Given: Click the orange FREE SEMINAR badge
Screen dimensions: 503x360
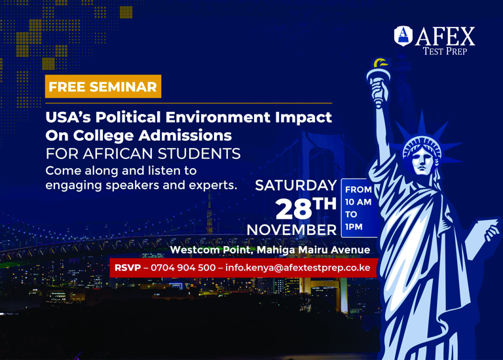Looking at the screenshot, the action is click(103, 86).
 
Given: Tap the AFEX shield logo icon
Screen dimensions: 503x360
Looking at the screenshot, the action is click(403, 36).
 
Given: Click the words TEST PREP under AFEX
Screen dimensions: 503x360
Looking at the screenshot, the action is click(445, 51).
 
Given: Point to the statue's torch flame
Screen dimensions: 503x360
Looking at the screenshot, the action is click(381, 63).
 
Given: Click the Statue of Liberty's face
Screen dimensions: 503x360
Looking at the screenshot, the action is click(422, 159).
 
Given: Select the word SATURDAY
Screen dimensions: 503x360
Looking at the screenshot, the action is click(296, 185).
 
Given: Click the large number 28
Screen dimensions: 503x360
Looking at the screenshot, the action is click(293, 209).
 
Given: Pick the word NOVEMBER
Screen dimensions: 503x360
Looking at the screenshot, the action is click(291, 230).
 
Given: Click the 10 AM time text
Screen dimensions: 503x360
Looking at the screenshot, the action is click(358, 202).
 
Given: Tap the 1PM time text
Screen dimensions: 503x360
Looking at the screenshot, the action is click(354, 227).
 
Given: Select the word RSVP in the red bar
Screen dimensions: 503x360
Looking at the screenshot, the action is click(128, 268).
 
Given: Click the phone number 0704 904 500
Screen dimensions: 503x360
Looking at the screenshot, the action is click(183, 268).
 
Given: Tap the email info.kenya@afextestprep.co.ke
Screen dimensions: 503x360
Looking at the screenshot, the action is click(298, 268).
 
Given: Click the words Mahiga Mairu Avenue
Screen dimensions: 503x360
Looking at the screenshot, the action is click(314, 250).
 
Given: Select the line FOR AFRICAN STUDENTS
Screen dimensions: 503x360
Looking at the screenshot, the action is click(143, 154).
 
